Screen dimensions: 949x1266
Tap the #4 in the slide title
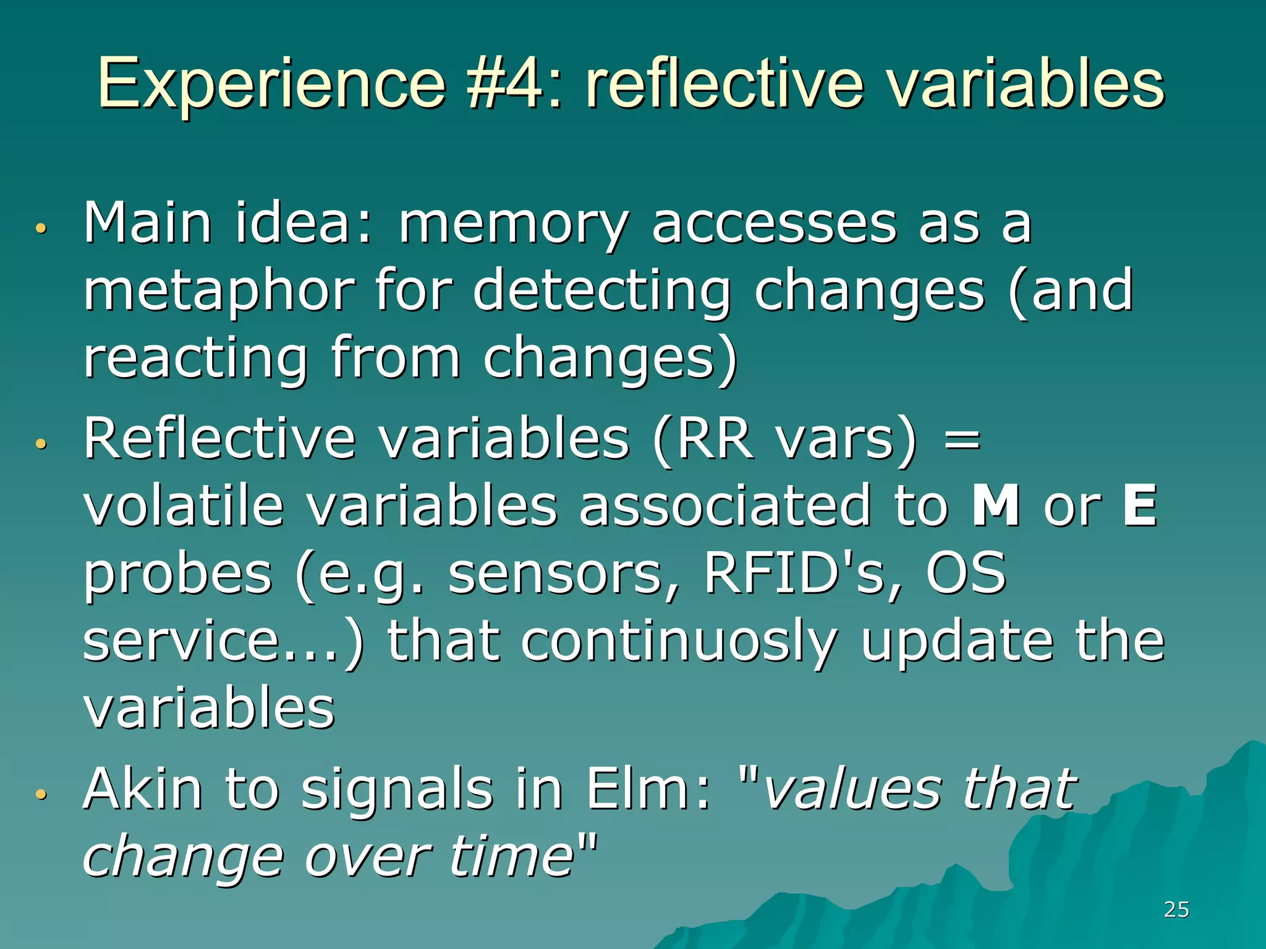(507, 83)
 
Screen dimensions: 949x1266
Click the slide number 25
(1176, 909)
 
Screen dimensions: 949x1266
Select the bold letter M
(996, 505)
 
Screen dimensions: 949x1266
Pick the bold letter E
(1139, 505)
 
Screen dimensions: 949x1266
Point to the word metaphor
(219, 292)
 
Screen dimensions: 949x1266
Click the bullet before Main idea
(41, 228)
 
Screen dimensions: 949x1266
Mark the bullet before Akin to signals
(41, 794)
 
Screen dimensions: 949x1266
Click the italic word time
(512, 856)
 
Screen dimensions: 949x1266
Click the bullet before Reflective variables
(41, 444)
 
